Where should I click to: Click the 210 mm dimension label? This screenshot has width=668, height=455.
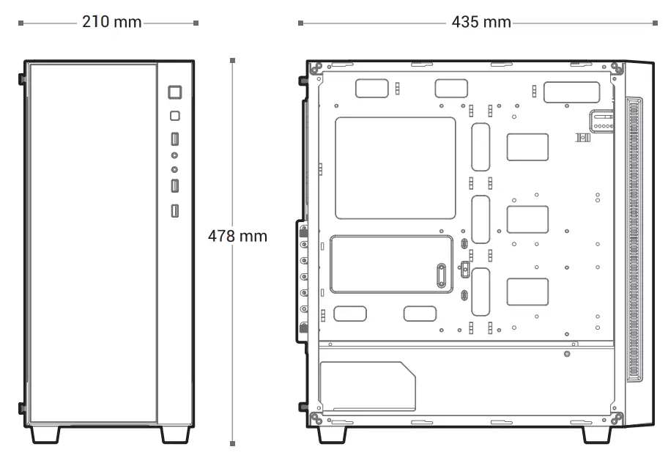coord(111,22)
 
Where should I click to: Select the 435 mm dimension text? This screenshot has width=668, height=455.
coord(480,22)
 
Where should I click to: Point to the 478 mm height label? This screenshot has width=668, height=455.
coord(237,237)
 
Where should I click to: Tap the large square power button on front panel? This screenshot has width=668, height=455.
coord(175,92)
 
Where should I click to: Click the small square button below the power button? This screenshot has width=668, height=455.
coord(175,116)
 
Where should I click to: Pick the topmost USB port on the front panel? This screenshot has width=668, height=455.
coord(175,138)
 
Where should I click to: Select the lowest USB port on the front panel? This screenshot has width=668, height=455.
coord(175,212)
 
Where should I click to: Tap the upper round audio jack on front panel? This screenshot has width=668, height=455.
coord(175,155)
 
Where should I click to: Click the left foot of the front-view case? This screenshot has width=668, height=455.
coord(45,434)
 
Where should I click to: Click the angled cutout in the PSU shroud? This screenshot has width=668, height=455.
coord(367,386)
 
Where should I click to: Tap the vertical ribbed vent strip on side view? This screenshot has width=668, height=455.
coord(634,240)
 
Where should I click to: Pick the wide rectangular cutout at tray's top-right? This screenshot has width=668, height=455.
coord(572,92)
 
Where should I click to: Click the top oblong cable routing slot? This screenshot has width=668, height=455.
coord(480,147)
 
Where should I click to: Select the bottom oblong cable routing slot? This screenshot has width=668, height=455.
coord(480,292)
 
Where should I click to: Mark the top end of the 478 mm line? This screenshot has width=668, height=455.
coord(232,60)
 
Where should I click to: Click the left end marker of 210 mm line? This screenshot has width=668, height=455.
coord(21,23)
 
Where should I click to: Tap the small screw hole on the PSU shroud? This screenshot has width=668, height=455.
coord(567,355)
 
